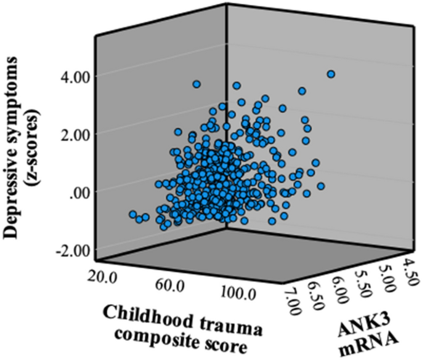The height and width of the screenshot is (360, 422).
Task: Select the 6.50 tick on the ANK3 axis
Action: (x=314, y=293)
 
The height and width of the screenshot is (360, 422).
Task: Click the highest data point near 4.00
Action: (x=331, y=74)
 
